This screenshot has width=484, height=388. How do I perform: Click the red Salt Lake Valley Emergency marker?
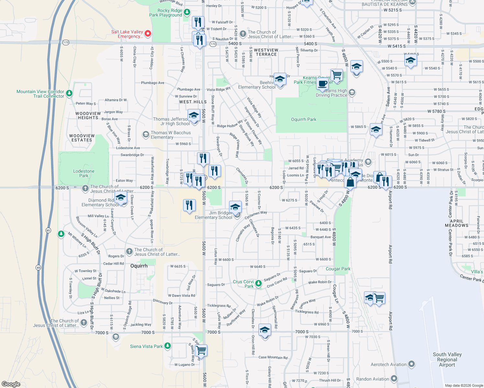tap(148, 33)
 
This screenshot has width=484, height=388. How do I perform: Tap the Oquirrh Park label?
tap(303, 119)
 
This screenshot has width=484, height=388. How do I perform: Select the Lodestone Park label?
tap(84, 173)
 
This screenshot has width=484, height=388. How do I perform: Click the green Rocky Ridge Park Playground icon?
tap(187, 13)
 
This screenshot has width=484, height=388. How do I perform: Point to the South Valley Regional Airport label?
tap(447, 360)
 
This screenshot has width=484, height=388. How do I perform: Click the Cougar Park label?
tap(338, 269)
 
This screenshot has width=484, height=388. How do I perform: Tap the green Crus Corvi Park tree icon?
tap(258, 284)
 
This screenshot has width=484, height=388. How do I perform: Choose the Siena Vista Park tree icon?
tap(167, 346)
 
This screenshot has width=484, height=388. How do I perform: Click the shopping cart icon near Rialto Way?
tap(201, 350)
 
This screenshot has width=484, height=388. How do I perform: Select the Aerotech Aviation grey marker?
tap(411, 364)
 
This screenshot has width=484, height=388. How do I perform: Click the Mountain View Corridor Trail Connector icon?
tap(69, 93)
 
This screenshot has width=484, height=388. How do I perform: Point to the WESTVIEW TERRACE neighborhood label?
tap(266, 52)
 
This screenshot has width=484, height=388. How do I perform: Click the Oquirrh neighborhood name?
tap(139, 266)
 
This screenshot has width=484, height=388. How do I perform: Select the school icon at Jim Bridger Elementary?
tap(235, 207)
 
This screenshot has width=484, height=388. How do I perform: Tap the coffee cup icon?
tap(322, 84)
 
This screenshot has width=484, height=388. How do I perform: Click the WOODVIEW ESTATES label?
tap(82, 138)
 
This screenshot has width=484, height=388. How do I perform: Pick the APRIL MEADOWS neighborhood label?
tap(456, 223)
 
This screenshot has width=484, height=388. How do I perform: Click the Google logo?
tap(11, 384)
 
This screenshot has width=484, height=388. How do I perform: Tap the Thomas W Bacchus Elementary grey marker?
tap(146, 134)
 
